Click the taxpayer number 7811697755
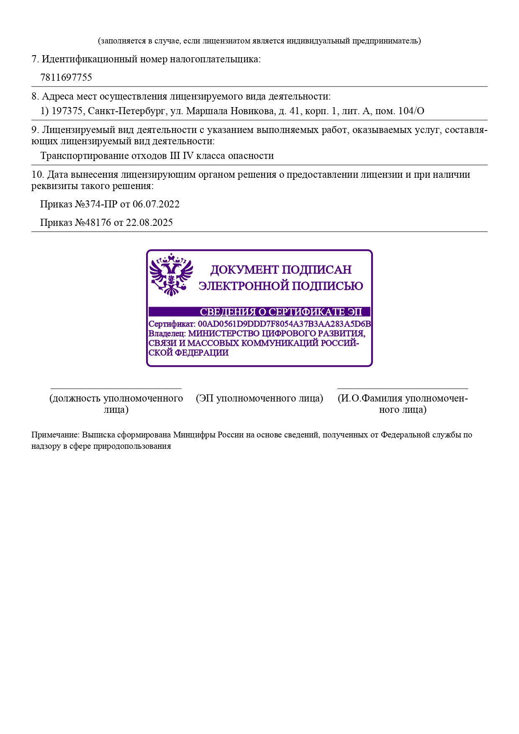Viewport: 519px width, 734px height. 66,77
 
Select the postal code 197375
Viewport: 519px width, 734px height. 67,111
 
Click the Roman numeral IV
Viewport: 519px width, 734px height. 188,156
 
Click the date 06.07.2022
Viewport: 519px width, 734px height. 156,205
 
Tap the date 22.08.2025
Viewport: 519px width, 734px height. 149,223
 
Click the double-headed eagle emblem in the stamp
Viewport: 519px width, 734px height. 171,275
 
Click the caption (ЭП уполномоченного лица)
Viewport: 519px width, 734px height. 259,399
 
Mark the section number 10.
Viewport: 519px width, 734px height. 37,175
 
